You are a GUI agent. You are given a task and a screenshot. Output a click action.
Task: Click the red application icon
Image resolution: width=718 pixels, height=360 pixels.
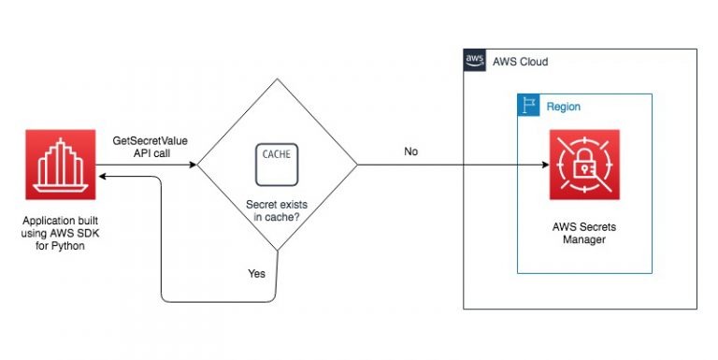(x=62, y=165)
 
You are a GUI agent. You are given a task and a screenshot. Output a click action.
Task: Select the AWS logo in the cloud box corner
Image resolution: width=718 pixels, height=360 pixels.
(x=476, y=62)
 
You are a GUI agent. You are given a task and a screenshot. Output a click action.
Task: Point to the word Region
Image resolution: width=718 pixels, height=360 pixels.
(x=564, y=107)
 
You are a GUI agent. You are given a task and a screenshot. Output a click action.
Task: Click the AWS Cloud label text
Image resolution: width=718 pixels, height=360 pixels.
(x=520, y=62)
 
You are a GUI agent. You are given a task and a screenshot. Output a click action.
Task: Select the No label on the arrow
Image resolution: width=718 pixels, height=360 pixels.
(x=411, y=151)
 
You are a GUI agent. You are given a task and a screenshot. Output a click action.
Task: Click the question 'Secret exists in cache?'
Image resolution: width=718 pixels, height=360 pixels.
(x=276, y=209)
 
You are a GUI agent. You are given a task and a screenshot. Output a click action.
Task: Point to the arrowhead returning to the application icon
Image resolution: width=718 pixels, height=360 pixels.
(x=102, y=175)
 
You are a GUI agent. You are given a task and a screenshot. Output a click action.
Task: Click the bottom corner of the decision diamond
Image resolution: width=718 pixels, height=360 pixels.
(x=277, y=252)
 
